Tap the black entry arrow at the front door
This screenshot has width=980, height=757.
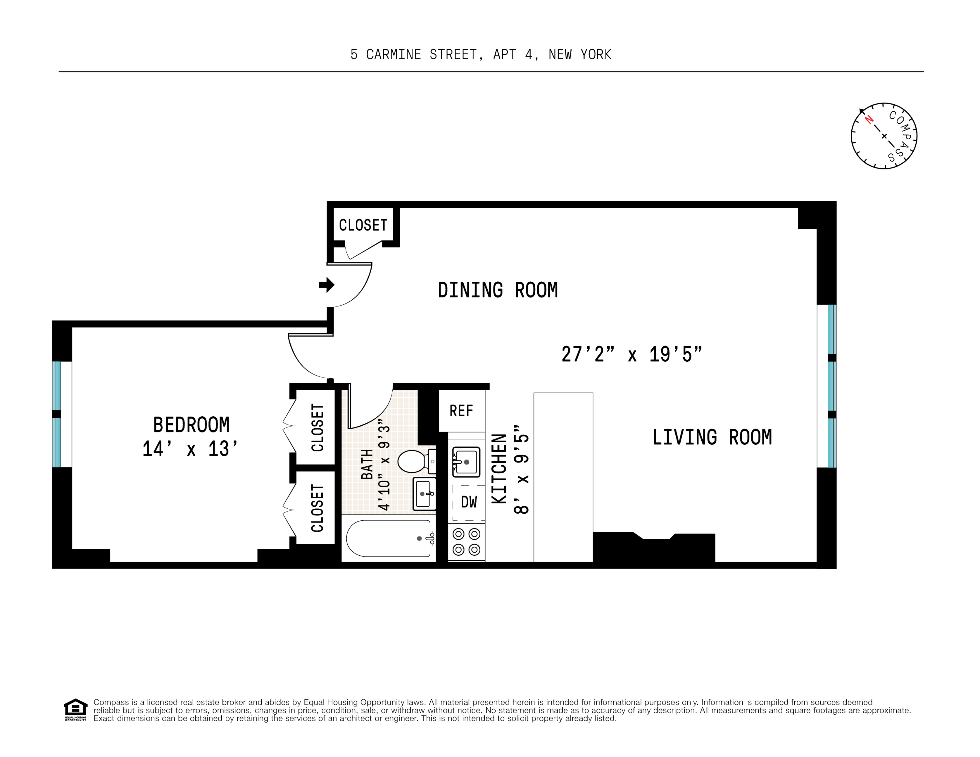(327, 284)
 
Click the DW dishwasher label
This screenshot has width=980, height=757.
(469, 502)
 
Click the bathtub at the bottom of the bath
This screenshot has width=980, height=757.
(389, 538)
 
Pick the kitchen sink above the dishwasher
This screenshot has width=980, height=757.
(466, 461)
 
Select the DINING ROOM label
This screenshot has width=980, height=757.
(498, 290)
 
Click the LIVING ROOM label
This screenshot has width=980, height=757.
(712, 438)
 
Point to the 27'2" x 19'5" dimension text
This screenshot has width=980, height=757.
(631, 354)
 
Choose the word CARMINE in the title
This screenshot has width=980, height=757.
(394, 55)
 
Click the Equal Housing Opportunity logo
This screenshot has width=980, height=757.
(75, 709)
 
